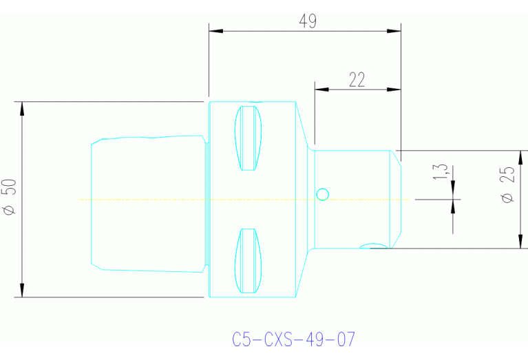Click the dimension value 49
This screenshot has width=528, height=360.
point(308,21)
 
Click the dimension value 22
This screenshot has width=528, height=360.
point(357,80)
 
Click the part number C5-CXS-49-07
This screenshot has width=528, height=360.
point(294,339)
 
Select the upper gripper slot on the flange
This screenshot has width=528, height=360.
point(249,138)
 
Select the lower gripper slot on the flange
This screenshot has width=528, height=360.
point(249,260)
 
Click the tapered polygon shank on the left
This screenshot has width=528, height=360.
point(148,200)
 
